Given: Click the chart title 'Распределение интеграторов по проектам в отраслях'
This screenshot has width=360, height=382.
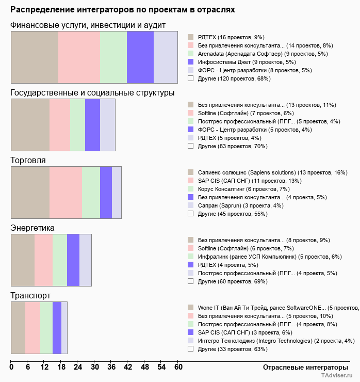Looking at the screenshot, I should coord(123,9).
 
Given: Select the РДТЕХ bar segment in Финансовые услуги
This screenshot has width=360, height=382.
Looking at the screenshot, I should coord(35,57).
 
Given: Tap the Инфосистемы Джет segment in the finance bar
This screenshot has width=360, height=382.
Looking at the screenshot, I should coord(140,57).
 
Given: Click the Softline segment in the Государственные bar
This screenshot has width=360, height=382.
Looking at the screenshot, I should coord(59,124).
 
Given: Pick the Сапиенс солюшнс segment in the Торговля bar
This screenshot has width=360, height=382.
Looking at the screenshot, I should coord(30,192).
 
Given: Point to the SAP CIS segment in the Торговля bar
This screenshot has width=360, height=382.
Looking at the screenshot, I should coord(66,192).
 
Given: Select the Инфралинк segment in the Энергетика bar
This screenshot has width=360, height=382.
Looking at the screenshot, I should coord(59,260).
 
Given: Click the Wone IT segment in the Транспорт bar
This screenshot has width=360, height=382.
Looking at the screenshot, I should coord(18,327).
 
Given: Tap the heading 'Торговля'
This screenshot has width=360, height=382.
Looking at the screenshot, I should coord(28,160).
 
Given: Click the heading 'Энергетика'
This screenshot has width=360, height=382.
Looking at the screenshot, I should coord(32,228).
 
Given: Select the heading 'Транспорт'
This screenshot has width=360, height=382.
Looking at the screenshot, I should coord(30,295).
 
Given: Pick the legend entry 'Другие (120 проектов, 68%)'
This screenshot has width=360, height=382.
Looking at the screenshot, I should coord(234,78).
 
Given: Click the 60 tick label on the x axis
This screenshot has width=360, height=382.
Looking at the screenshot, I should coord(178,367).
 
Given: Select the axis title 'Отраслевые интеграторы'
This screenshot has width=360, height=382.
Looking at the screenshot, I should coord(302,367).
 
